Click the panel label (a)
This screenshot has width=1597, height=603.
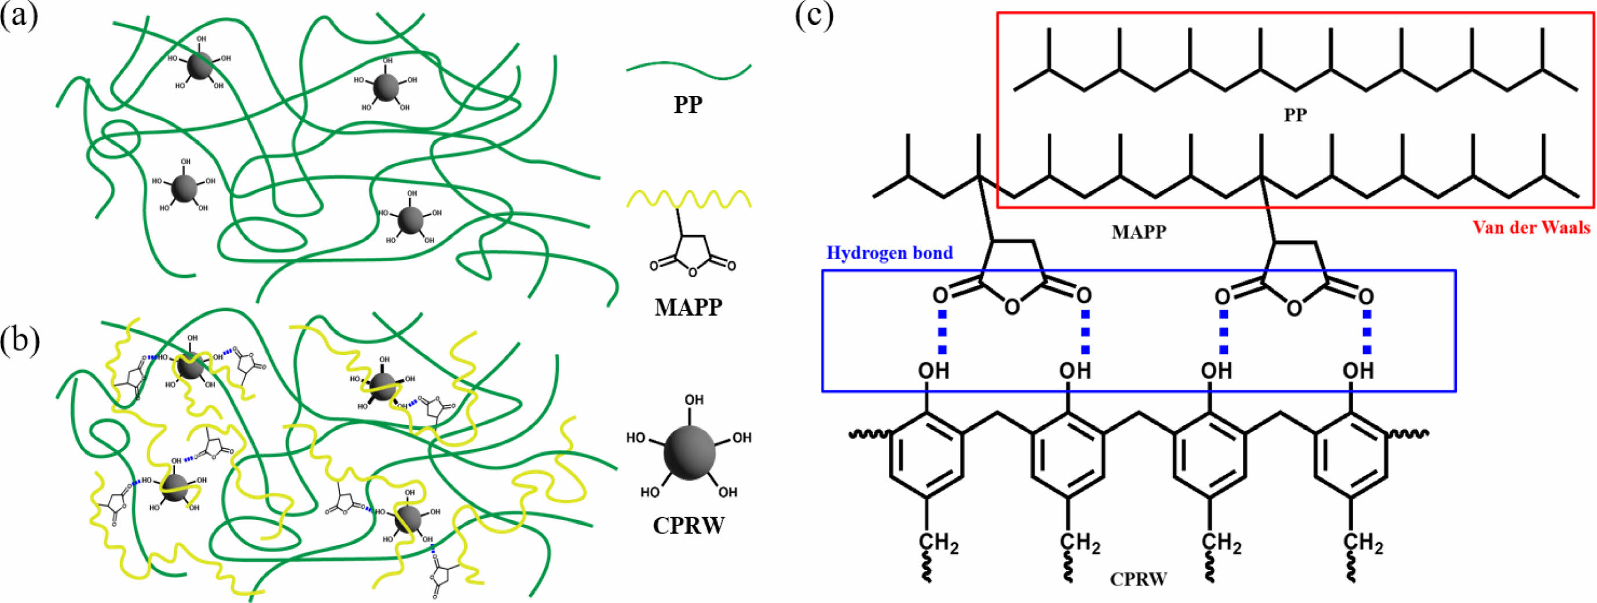19,17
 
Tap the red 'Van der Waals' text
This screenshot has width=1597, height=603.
1532,228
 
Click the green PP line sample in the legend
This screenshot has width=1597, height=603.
688,71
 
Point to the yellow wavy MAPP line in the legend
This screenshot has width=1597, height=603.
688,199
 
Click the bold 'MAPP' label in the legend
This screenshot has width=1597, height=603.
688,307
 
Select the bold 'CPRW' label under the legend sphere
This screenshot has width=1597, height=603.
688,525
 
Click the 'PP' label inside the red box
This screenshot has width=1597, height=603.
1295,115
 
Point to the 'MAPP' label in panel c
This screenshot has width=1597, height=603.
1139,232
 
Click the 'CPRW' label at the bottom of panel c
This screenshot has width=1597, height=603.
1138,579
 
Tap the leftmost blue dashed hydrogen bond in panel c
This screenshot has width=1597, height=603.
942,331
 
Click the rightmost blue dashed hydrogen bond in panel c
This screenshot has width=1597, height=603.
1366,331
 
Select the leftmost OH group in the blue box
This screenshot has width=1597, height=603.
933,371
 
